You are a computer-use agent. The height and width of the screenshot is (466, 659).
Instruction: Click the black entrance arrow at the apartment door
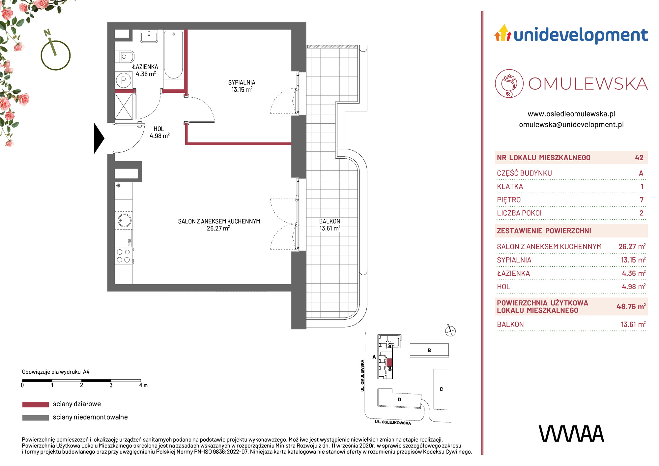coord(99,138)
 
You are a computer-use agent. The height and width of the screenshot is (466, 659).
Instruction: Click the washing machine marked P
coord(124,80)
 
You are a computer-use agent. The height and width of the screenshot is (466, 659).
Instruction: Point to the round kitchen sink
coord(124,220)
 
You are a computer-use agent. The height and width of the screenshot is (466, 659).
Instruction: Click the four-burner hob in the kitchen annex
coord(123,256)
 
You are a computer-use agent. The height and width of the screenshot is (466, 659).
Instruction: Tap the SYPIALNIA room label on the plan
coord(242,82)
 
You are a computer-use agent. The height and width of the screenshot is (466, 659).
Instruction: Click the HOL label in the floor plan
coord(159,129)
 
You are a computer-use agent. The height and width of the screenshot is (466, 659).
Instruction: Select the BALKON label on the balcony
coord(329,221)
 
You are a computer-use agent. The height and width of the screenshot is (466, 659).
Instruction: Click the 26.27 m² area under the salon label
coord(218,228)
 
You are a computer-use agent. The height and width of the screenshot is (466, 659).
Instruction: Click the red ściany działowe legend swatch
coord(36,404)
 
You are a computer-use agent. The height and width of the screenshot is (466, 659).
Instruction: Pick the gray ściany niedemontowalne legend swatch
coord(36,418)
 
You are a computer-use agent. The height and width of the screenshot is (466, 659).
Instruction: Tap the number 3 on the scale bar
coord(111,385)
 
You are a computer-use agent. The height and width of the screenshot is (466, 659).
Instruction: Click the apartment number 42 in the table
coord(639,158)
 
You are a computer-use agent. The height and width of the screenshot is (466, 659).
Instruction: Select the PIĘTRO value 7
coord(642,200)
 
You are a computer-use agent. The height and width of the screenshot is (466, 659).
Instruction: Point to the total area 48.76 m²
coord(631,306)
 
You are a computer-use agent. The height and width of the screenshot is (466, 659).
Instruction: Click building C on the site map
coord(441,389)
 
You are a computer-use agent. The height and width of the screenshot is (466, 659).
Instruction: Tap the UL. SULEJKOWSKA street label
coord(393,422)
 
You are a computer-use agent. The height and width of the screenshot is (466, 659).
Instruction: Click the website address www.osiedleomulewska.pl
coord(571,114)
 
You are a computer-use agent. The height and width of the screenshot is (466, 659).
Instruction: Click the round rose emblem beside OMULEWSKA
coord(509,83)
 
